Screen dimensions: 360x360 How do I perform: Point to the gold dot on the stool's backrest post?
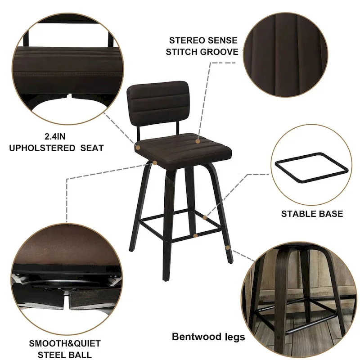point(138,147)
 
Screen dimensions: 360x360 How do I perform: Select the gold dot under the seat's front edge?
point(154,162)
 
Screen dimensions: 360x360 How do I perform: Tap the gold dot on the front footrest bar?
point(195,235)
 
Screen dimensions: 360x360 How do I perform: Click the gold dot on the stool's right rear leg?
point(228,247)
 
